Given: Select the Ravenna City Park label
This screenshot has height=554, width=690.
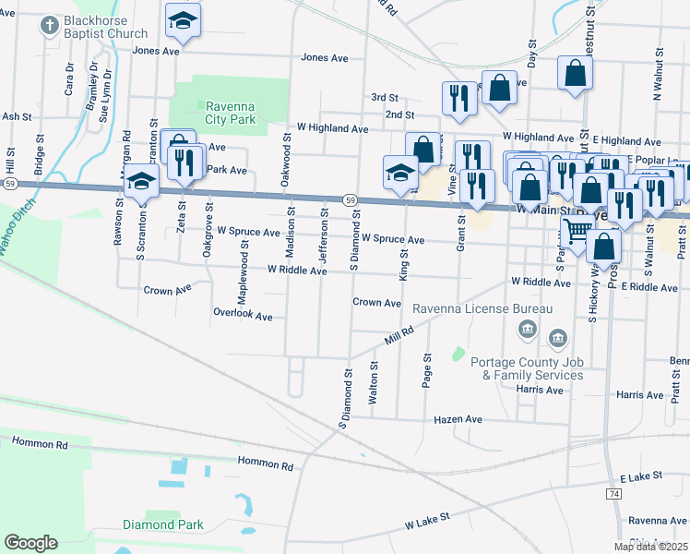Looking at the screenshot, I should [x=231, y=112].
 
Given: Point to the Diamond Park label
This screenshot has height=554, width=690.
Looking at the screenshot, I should [x=162, y=524].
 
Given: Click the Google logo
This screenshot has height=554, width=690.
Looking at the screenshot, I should [x=30, y=543].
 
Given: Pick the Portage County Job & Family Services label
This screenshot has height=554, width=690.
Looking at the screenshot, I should [x=527, y=368].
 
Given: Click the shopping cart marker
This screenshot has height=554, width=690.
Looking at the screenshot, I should [x=577, y=229].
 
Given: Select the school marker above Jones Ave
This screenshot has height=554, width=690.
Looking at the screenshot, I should [x=183, y=21].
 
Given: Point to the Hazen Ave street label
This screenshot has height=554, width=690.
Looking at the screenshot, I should [x=458, y=419].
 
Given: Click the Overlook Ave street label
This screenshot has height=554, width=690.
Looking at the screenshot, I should [x=243, y=316].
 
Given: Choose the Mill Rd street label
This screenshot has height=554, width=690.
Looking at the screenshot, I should [x=400, y=333].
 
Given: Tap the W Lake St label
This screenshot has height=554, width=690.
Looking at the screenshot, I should [x=426, y=522].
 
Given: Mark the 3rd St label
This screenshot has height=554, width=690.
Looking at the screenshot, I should [x=385, y=97].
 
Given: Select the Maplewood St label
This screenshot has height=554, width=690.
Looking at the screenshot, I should [x=244, y=268].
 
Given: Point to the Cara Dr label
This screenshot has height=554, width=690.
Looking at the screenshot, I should [x=69, y=78].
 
